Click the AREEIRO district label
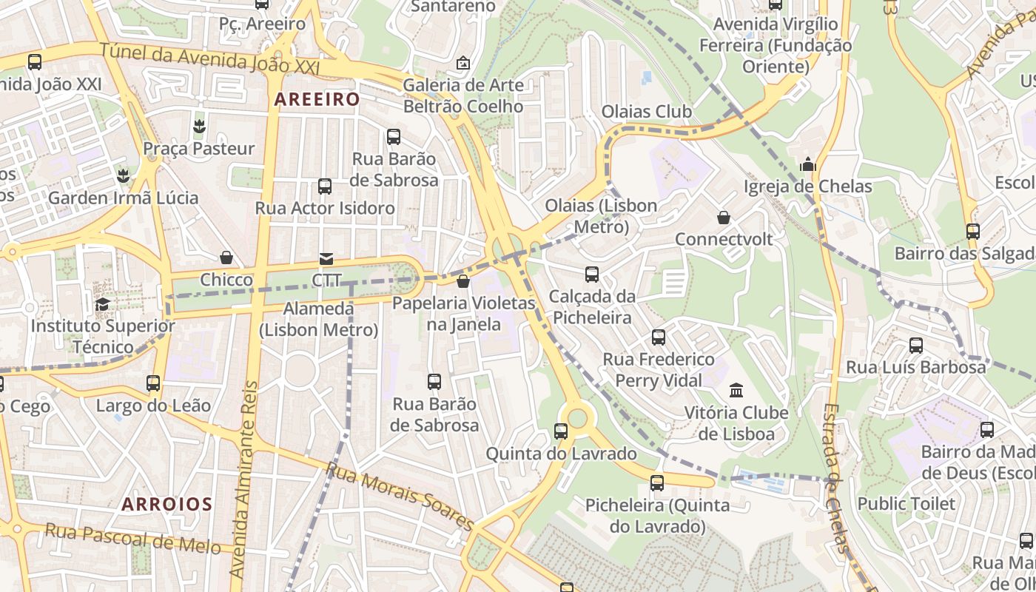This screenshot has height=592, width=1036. click(x=317, y=99)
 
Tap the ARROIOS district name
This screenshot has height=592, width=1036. click(x=167, y=505)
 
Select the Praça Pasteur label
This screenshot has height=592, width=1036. click(x=198, y=149)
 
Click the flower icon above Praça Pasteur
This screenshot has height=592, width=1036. click(x=198, y=126)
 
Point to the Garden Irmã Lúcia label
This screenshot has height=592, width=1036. click(x=123, y=198)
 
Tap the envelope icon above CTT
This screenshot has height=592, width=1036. click(x=326, y=258)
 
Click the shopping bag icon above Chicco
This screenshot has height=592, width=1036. click(x=226, y=258)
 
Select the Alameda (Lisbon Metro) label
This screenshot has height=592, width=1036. click(x=318, y=319)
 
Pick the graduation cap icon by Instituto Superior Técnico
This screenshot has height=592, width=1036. click(x=102, y=304)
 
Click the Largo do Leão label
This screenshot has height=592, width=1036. click(x=153, y=406)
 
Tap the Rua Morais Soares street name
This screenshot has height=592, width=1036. click(x=400, y=497)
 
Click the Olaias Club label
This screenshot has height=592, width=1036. click(x=646, y=112)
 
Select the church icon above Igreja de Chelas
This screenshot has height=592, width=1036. click(x=808, y=164)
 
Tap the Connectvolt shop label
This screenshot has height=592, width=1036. click(x=723, y=240)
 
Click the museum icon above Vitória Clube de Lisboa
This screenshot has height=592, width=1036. click(x=736, y=390)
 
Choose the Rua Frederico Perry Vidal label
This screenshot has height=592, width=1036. click(x=659, y=370)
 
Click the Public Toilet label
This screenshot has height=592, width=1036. click(x=906, y=504)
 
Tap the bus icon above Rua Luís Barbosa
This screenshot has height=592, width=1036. click(x=915, y=345)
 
